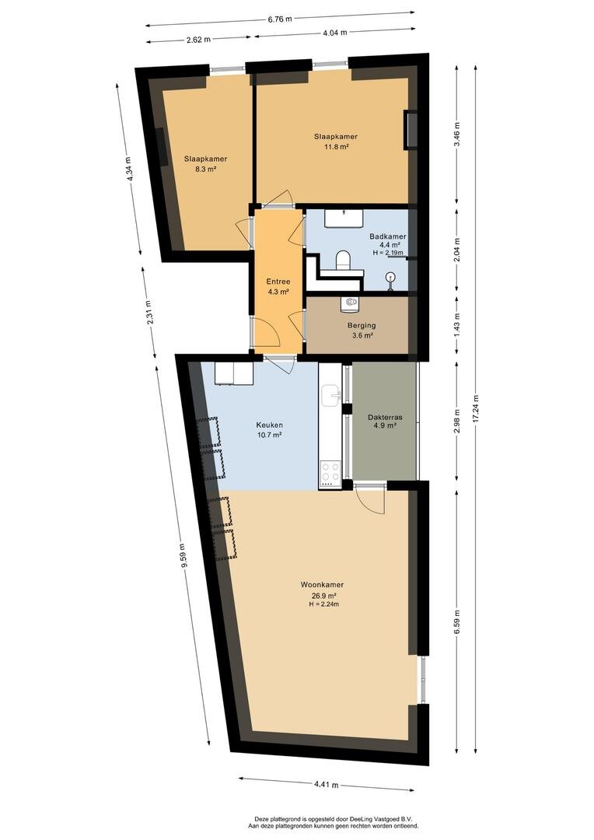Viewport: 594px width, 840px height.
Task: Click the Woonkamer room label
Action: [322, 585]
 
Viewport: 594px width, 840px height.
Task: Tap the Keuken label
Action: [270, 425]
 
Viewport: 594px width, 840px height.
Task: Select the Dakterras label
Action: [385, 417]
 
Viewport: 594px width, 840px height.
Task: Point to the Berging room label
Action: [362, 325]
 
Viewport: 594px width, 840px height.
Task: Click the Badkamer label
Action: [388, 236]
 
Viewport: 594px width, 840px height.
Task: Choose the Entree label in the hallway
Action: [278, 282]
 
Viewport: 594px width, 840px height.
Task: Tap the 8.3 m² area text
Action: [205, 169]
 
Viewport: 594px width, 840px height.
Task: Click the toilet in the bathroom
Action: [343, 261]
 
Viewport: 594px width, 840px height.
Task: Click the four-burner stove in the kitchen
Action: [330, 474]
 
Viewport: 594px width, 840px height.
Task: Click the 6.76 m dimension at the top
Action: [280, 19]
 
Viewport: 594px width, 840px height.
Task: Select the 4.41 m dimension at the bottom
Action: [327, 785]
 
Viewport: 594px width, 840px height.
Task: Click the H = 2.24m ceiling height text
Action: [324, 604]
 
